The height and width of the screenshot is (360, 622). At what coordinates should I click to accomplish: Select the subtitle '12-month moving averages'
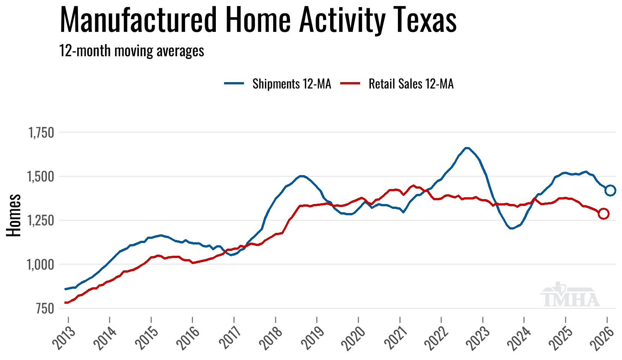pyautogui.click(x=132, y=51)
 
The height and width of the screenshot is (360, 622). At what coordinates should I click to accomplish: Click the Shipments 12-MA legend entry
pyautogui.click(x=278, y=84)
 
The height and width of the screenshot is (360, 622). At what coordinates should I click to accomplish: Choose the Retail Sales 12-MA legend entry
pyautogui.click(x=397, y=84)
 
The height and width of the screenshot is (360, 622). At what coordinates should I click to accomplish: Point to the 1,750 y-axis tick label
pyautogui.click(x=41, y=132)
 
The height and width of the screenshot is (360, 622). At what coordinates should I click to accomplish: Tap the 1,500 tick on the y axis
pyautogui.click(x=41, y=176)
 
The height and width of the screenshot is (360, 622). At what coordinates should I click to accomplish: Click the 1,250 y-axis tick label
pyautogui.click(x=41, y=220)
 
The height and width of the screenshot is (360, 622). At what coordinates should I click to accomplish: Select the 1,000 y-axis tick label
pyautogui.click(x=41, y=264)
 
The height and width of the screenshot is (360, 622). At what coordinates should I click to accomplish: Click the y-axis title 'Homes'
pyautogui.click(x=14, y=215)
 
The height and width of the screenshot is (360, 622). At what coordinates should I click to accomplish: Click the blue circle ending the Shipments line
pyautogui.click(x=610, y=190)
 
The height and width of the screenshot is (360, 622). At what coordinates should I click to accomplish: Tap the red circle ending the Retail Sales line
pyautogui.click(x=604, y=214)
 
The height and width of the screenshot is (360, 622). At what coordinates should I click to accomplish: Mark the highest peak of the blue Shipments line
pyautogui.click(x=467, y=148)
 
